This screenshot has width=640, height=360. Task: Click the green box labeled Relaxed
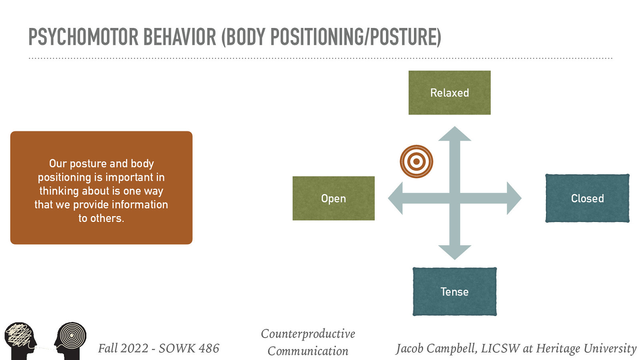pyautogui.click(x=449, y=93)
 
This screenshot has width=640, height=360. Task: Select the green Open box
pyautogui.click(x=333, y=198)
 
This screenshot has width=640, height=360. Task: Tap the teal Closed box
pyautogui.click(x=587, y=198)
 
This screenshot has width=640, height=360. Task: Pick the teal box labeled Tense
pyautogui.click(x=454, y=292)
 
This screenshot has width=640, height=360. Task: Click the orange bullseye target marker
pyautogui.click(x=416, y=162)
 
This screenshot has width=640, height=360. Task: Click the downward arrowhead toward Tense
pyautogui.click(x=455, y=252)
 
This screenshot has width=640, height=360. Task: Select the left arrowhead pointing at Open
pyautogui.click(x=396, y=198)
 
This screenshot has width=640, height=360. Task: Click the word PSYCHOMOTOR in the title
pyautogui.click(x=83, y=37)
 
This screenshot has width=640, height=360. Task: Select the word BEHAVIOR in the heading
pyautogui.click(x=179, y=37)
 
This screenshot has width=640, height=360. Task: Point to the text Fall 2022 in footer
pyautogui.click(x=123, y=348)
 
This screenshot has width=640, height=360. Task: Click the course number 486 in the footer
pyautogui.click(x=209, y=348)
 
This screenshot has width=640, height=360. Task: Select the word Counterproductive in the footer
pyautogui.click(x=308, y=334)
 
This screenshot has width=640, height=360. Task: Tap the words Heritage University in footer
pyautogui.click(x=586, y=348)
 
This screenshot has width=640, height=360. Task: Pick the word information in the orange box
pyautogui.click(x=140, y=205)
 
